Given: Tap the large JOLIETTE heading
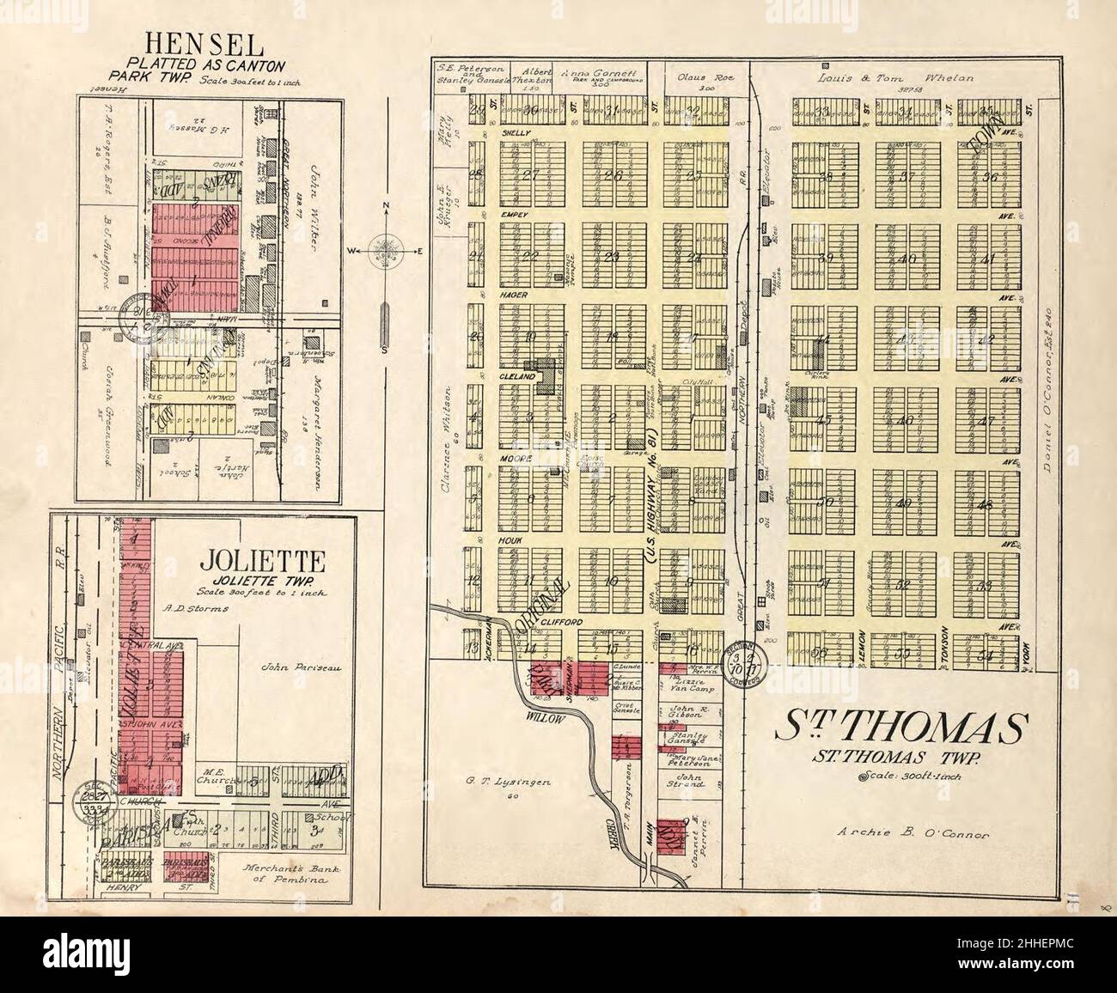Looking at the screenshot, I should pos(262,564).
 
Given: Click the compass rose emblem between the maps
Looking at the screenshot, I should pos(385,252).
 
